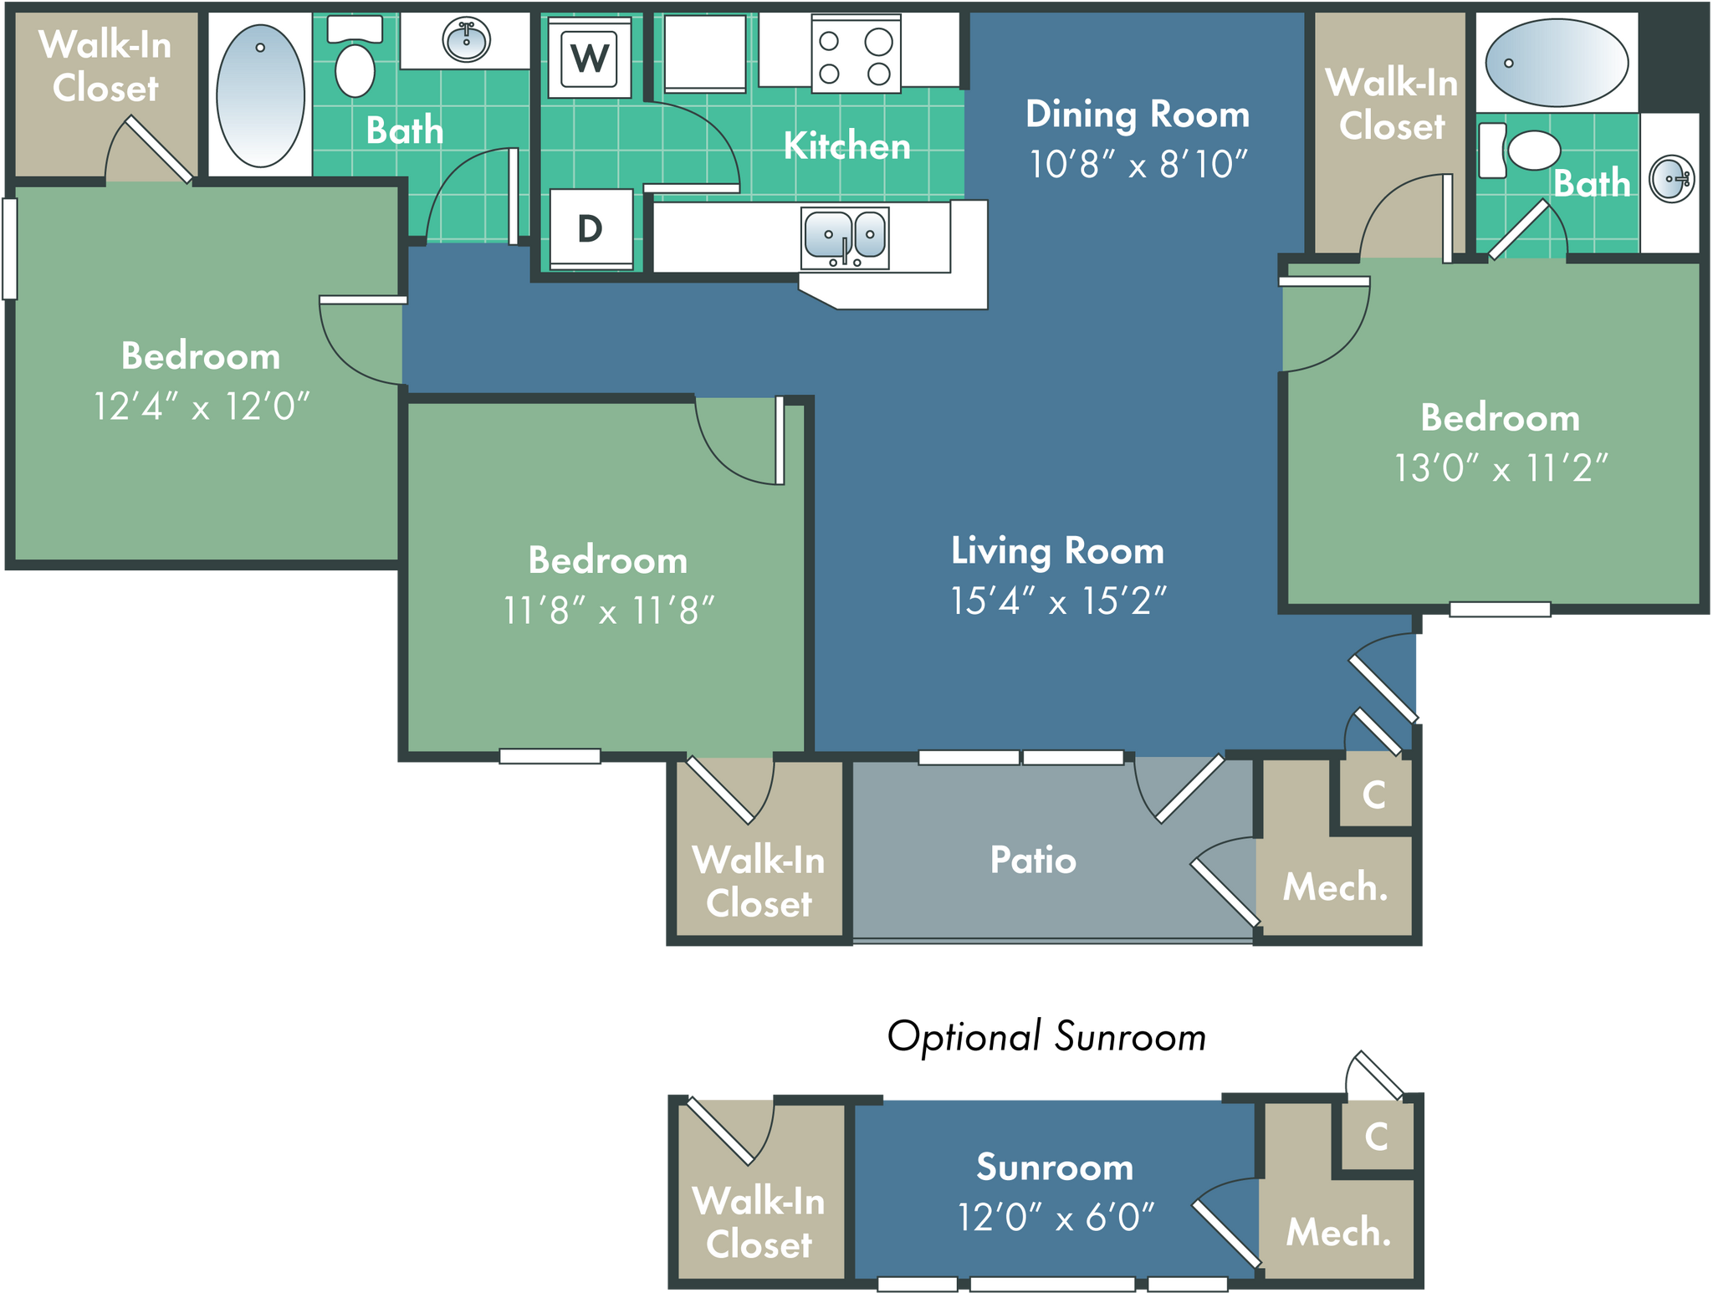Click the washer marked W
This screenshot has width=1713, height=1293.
(x=590, y=58)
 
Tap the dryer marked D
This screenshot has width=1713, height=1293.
(x=591, y=228)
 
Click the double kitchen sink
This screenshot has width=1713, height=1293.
(x=845, y=237)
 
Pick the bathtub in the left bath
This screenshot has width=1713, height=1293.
(x=260, y=95)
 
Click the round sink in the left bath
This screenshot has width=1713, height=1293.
(x=466, y=39)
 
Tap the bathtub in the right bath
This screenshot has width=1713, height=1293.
(x=1556, y=63)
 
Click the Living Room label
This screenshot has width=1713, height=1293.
(x=1057, y=551)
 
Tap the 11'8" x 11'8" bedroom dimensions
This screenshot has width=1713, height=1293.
(x=608, y=611)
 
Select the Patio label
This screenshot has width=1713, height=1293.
(x=1033, y=860)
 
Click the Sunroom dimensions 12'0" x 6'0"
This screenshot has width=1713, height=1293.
(x=1056, y=1217)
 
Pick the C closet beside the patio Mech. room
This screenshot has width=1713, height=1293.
(x=1374, y=795)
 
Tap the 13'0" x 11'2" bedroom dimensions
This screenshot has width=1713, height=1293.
(x=1501, y=468)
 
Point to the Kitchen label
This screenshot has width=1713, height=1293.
(x=846, y=146)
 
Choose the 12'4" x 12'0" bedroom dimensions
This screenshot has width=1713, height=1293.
(x=201, y=407)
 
